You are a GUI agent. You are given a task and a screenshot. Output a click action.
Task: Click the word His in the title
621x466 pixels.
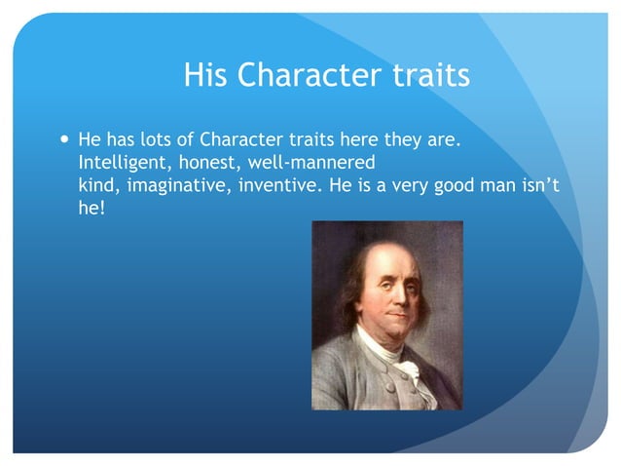click(206, 75)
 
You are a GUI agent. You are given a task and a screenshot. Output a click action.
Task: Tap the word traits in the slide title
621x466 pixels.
click(431, 75)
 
